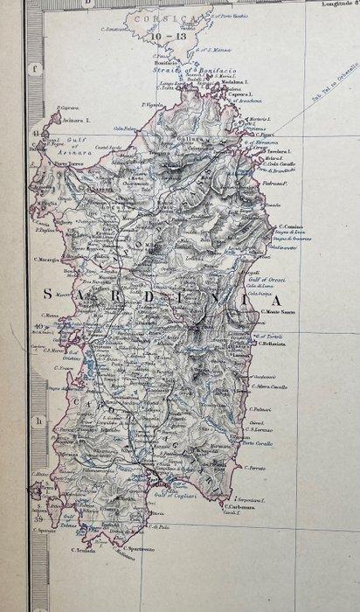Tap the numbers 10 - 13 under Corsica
tap(168, 37)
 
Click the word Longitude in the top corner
tap(332, 4)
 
